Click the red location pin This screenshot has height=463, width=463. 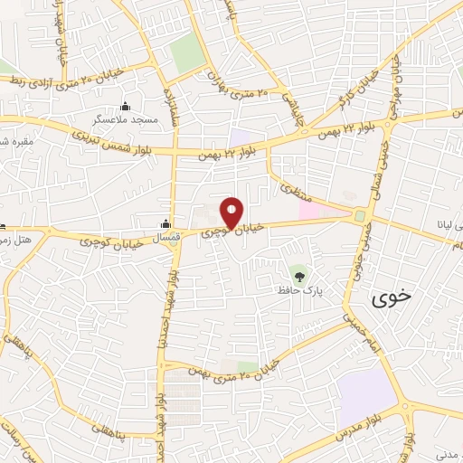[232, 213]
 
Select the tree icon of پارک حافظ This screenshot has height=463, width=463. [298, 273]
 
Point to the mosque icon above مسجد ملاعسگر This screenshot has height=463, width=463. [125, 106]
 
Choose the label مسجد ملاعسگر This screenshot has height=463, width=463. [125, 119]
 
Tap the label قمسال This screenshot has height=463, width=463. [166, 237]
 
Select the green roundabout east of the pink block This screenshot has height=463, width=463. [360, 215]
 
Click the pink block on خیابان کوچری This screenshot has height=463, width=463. [310, 211]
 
